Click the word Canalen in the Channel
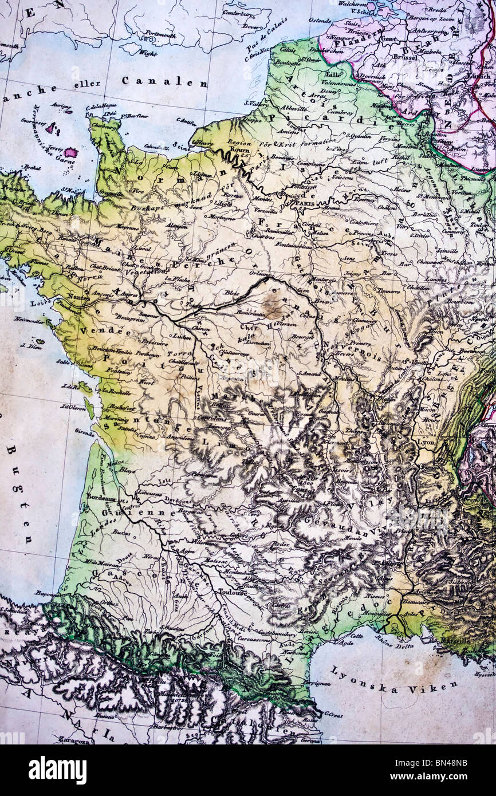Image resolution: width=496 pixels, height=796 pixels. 164,82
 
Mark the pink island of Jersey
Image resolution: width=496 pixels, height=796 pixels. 71,153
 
